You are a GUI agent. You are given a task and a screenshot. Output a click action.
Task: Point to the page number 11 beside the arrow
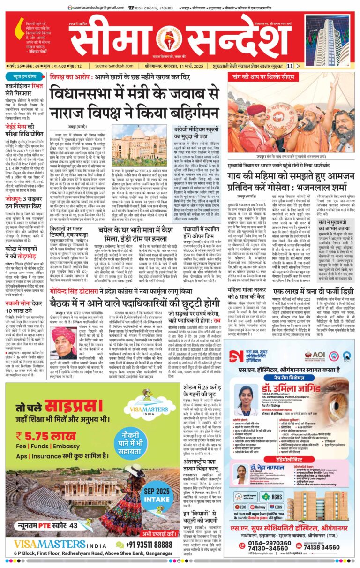tap(290, 66)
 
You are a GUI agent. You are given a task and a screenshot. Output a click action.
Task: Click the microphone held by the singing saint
tap(300, 124)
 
